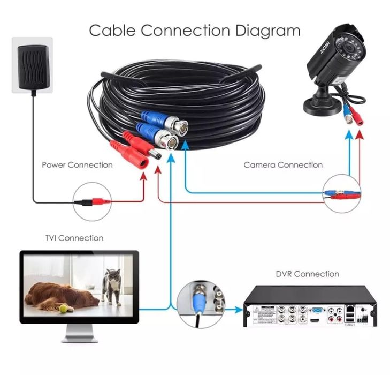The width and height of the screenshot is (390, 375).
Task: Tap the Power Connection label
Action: click(77, 165)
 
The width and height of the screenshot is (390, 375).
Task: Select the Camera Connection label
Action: click(283, 165)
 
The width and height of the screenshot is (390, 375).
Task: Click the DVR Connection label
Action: click(307, 274)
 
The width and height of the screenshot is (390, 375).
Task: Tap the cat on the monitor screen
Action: click(111, 285)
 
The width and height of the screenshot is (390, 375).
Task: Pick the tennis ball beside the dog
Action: click(63, 309)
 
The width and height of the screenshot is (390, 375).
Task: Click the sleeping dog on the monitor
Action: click(59, 296)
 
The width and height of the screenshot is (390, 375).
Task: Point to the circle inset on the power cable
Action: click(93, 202)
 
